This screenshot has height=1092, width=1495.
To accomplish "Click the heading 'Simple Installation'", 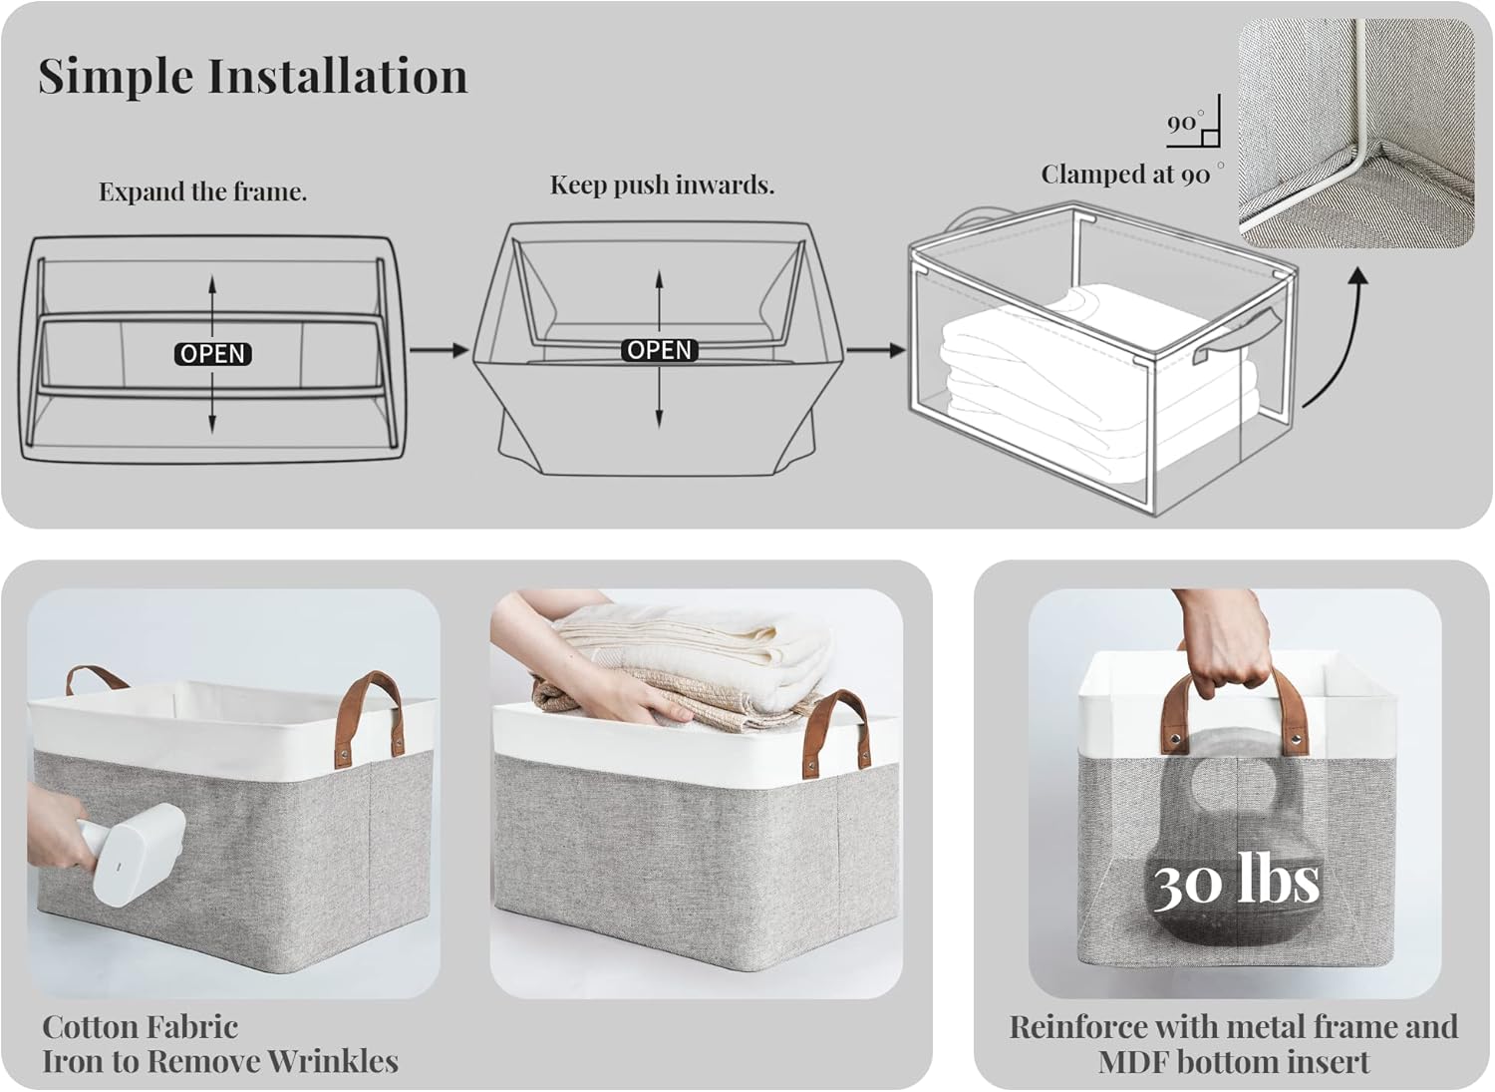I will coord(252,76).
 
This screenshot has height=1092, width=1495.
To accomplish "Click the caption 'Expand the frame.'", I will coord(202,191).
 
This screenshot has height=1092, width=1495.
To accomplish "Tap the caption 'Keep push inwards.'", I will coord(662,184).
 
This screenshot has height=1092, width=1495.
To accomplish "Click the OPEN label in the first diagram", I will coord(212,354).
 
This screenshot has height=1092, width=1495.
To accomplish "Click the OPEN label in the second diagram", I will coord(659,350).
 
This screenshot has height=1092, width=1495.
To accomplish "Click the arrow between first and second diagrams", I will coord(439,350).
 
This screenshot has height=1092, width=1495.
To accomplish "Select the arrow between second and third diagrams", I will coord(876,350).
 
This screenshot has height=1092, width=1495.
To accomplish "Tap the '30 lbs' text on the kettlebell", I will coord(1236,882).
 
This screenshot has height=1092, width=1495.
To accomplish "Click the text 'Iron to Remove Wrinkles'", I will coord(220,1061).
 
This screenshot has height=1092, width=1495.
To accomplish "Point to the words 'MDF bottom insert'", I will coord(1234,1062).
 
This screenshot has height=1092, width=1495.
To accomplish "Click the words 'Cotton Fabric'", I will coord(141,1026).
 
